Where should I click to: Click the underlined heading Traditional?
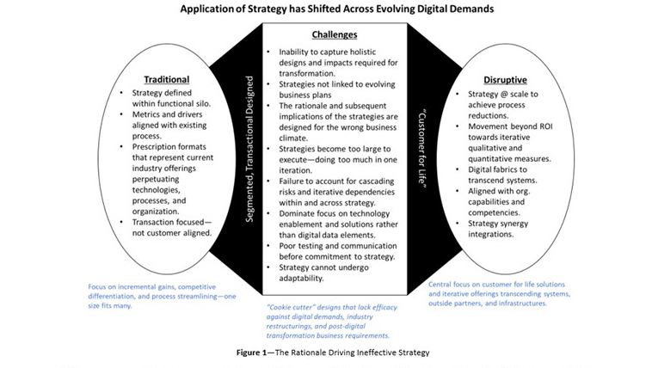pos(167,79)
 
